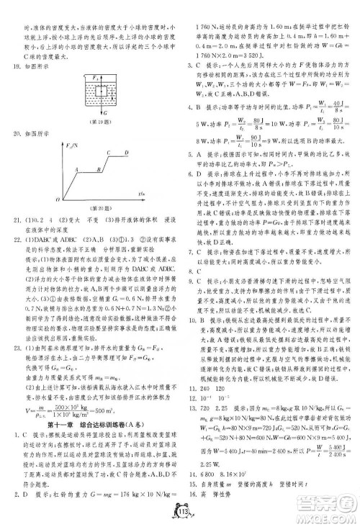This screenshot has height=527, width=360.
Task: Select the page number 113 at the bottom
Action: (x=180, y=513)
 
